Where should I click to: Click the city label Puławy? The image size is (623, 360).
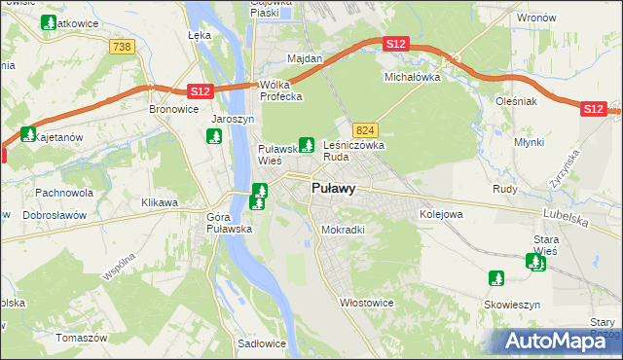click(333, 189)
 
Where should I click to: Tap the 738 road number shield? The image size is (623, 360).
click(122, 48)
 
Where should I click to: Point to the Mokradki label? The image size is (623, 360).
click(343, 231)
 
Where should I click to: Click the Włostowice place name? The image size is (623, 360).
click(366, 303)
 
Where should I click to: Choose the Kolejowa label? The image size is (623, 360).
click(439, 213)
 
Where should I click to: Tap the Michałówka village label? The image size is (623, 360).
click(413, 76)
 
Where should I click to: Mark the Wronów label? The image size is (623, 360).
click(536, 18)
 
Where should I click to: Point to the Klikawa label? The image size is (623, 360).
click(160, 202)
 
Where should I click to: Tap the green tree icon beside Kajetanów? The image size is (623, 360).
click(28, 134)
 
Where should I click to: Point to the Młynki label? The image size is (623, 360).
click(529, 142)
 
